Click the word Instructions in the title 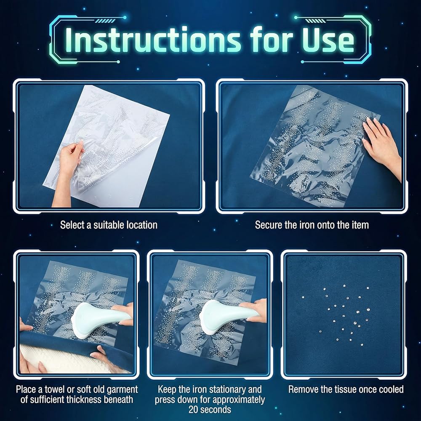(153, 40)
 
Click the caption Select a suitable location (109, 225)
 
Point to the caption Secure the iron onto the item (312, 225)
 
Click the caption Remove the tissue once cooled (346, 389)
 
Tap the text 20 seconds (210, 410)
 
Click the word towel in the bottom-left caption (55, 389)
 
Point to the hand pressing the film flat (382, 145)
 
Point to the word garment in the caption (122, 389)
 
